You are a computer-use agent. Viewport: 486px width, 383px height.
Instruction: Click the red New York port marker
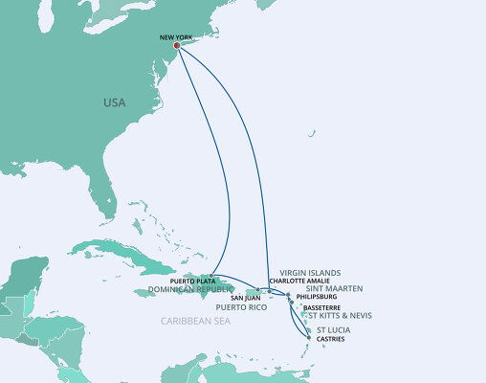click(177, 45)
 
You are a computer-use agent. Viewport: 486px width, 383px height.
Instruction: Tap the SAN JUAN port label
click(245, 297)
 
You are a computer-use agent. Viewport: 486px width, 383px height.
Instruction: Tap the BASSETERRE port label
click(320, 306)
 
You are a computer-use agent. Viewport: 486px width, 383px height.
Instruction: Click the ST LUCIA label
click(331, 329)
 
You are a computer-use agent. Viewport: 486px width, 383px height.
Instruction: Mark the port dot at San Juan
click(257, 288)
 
